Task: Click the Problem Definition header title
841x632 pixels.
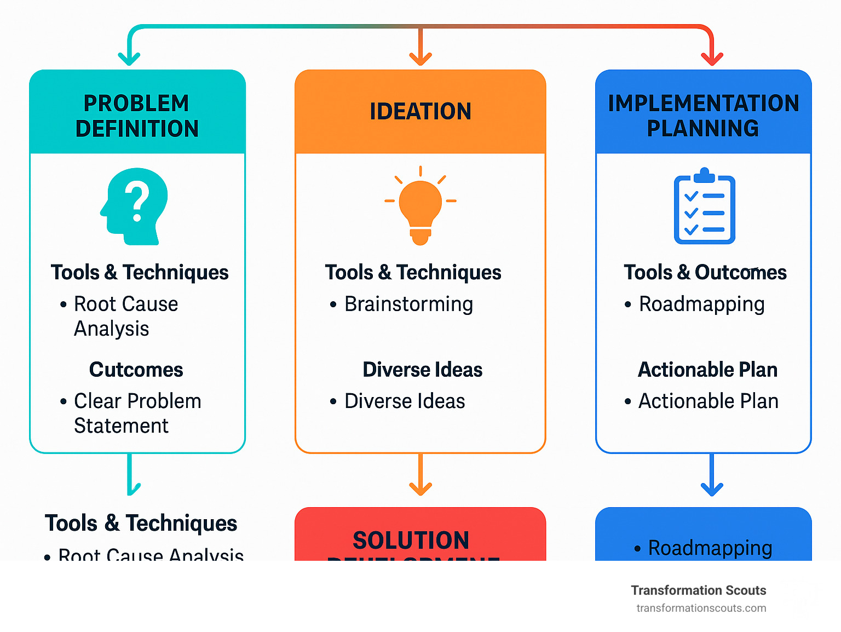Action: point(137,116)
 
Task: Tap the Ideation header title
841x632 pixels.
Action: point(420,111)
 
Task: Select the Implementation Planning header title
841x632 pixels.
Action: point(703,116)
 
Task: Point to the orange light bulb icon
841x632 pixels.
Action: point(420,205)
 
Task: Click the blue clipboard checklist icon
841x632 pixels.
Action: point(704,206)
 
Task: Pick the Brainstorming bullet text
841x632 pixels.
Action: point(408,304)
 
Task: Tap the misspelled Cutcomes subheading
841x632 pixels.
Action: point(136,370)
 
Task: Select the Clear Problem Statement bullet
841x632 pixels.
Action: point(137,413)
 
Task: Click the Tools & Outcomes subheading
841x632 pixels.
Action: point(705,272)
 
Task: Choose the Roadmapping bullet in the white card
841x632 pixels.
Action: point(701,304)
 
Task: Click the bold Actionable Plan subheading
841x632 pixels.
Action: point(707,370)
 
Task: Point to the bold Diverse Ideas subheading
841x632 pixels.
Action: point(422,370)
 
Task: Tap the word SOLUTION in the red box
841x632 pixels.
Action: point(411,540)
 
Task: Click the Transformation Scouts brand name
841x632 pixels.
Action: point(698,590)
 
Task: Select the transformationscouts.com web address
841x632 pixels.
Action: point(701,608)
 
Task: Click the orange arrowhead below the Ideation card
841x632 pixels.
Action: point(420,489)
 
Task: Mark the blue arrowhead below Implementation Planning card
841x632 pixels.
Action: point(712,489)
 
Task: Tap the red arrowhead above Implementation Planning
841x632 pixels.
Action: point(712,59)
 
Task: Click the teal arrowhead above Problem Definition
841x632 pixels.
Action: point(129,59)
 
